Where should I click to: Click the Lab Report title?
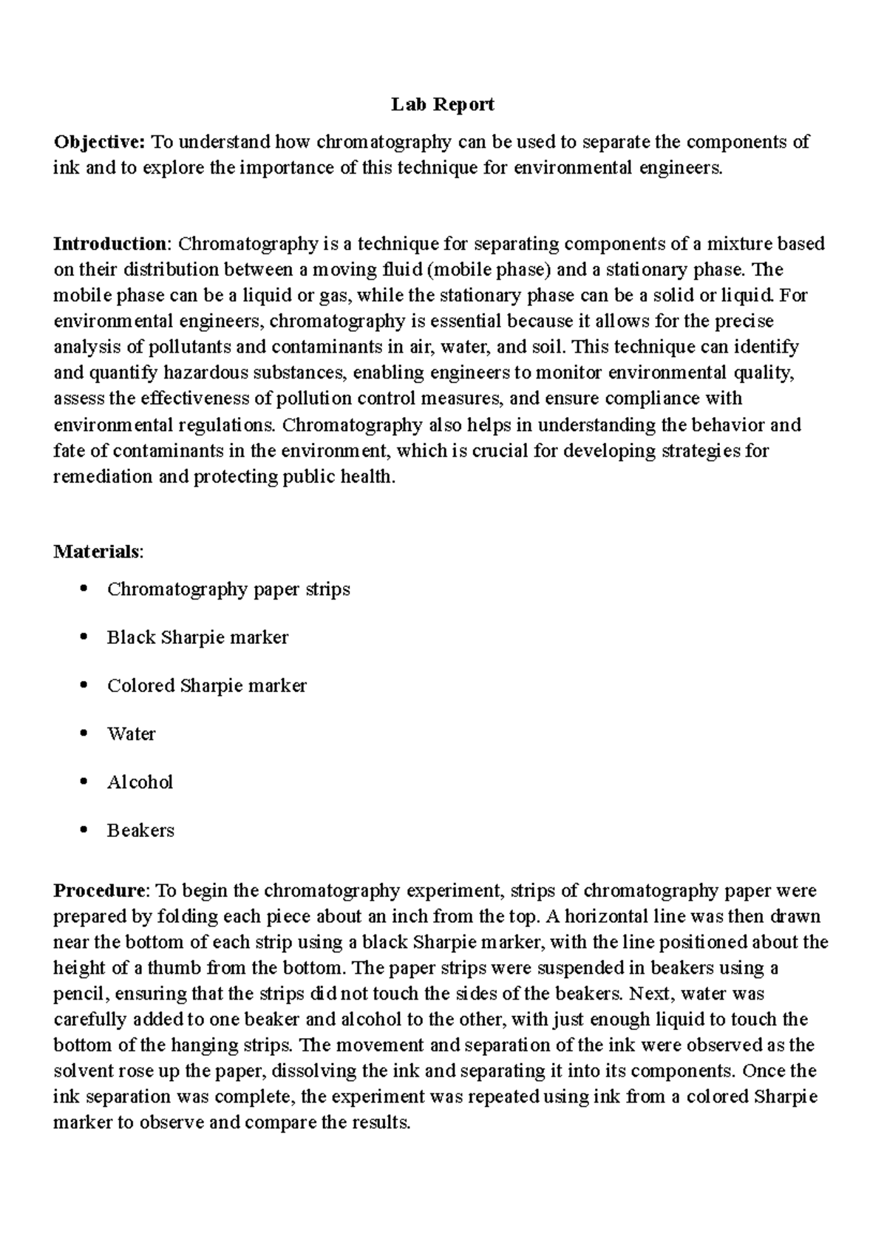click(x=443, y=105)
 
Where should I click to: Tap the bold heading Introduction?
click(x=111, y=244)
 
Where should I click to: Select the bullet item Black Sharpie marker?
click(x=197, y=637)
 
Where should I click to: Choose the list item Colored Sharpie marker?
click(x=206, y=685)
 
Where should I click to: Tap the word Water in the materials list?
click(x=131, y=734)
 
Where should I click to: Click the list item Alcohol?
click(x=140, y=782)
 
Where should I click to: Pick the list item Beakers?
click(x=140, y=830)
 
